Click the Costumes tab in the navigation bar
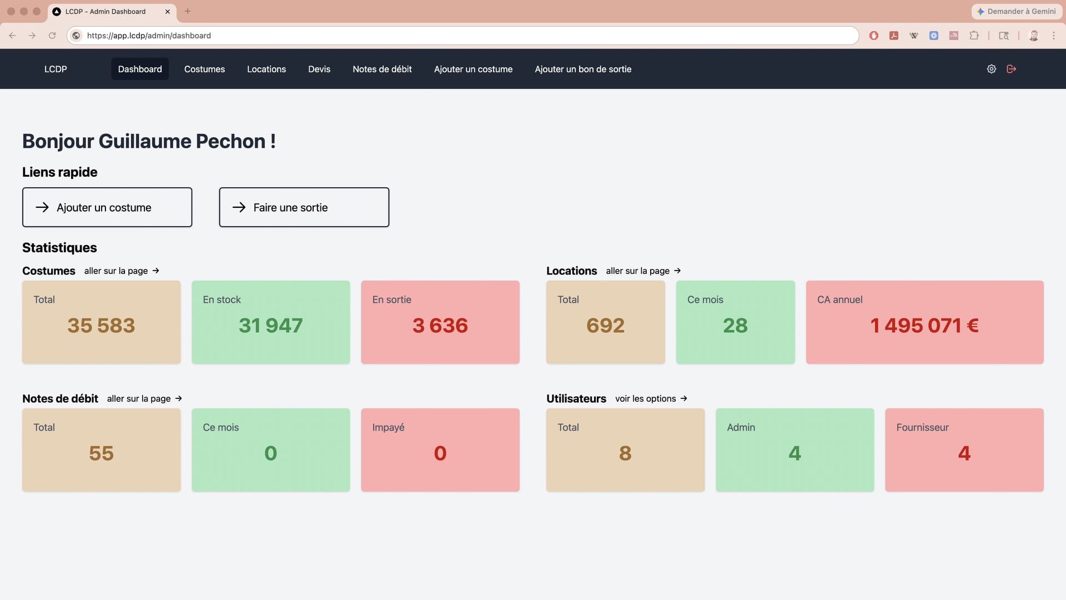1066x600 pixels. point(204,69)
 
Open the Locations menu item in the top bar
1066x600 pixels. point(266,69)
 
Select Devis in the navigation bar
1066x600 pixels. point(319,69)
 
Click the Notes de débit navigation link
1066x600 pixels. point(382,69)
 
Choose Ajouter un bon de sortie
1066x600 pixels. point(583,69)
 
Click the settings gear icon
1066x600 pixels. point(992,69)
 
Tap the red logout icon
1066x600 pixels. point(1012,69)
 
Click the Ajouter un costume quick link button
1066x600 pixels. point(107,207)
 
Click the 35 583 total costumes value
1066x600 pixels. point(101,326)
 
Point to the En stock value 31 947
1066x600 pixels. point(270,326)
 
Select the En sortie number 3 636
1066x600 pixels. point(440,326)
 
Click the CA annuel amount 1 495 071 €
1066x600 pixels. point(924,326)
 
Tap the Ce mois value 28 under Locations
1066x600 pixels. point(735,326)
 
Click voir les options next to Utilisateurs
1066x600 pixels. point(651,398)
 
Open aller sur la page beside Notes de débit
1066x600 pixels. point(144,398)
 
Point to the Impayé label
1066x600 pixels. point(388,427)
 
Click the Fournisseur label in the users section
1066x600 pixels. point(922,427)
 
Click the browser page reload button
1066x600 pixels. point(52,36)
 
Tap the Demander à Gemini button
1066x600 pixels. point(1017,11)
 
